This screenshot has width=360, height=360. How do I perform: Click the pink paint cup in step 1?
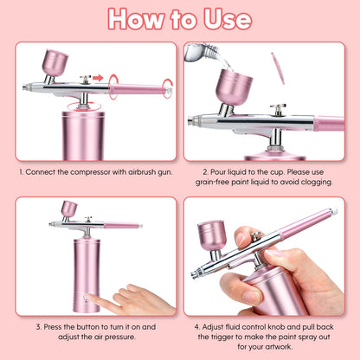coord(55,63)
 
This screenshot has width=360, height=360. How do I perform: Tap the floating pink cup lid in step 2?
coord(278,67)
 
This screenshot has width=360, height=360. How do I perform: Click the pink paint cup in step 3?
coord(68,209)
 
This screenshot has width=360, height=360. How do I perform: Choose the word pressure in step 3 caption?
coord(119,338)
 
